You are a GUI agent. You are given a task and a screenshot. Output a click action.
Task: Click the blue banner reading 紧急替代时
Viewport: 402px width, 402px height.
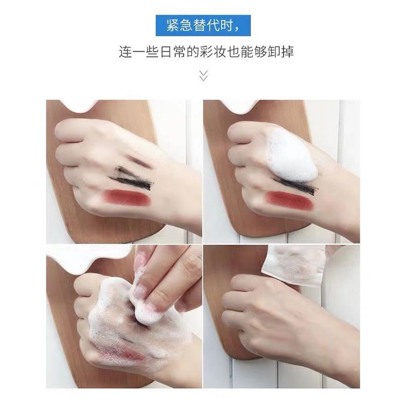point(203,26)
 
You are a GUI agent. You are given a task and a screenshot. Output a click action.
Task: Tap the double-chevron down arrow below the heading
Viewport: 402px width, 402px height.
point(204,76)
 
